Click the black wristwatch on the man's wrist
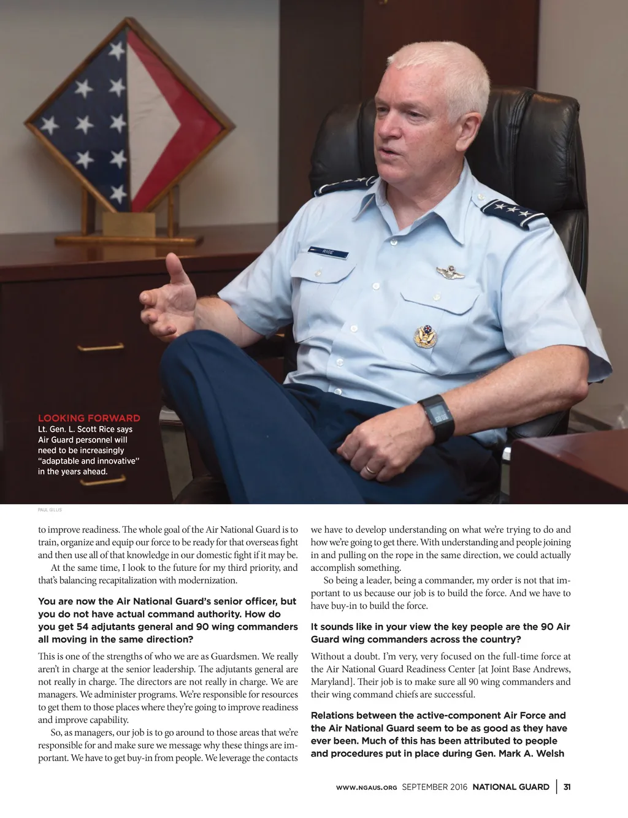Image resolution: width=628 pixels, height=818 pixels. [436, 417]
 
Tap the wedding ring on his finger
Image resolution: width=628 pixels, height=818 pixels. [370, 470]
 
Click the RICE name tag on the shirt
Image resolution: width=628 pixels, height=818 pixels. [328, 251]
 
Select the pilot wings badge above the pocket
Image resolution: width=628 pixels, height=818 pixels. [450, 271]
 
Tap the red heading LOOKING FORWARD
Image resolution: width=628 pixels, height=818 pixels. [89, 418]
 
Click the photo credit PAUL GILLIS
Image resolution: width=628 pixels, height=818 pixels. [50, 510]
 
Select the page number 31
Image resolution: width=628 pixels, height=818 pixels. [567, 787]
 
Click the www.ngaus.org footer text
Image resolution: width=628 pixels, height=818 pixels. [366, 787]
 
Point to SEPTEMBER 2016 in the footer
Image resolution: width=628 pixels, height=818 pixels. [434, 787]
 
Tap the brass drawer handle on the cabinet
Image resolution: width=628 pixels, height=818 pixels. [100, 348]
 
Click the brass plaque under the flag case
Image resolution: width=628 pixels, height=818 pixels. [129, 224]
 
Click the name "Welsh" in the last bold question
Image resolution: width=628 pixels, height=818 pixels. [549, 754]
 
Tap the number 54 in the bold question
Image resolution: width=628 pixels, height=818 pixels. [83, 627]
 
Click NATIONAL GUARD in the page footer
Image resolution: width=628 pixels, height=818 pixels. [510, 787]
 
